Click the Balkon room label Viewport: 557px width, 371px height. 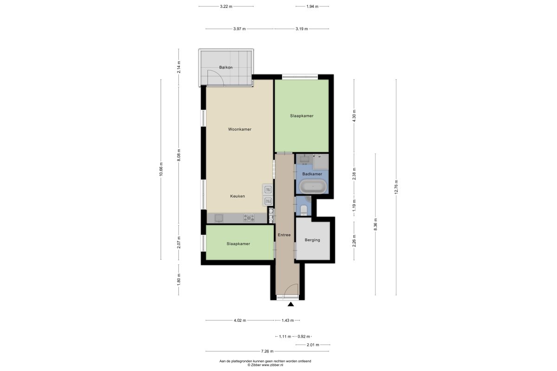(x=226, y=67)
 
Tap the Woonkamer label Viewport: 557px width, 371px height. (x=240, y=129)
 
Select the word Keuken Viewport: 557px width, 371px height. (x=238, y=196)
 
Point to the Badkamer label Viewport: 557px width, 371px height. (x=312, y=174)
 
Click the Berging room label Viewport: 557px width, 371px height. (x=312, y=240)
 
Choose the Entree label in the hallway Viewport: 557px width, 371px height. (x=284, y=235)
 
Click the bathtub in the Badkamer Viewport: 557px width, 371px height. (x=313, y=186)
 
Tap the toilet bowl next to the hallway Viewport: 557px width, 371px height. (x=304, y=210)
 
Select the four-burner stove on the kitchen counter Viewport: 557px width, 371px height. (x=249, y=218)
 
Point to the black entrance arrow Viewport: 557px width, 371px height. (x=291, y=304)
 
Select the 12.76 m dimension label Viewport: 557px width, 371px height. (x=396, y=187)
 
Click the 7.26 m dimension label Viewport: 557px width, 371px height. (x=267, y=351)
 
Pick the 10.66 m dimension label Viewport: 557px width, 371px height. (x=161, y=169)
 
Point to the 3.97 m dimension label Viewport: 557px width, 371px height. (x=240, y=29)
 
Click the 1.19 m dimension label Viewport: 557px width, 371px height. (x=354, y=205)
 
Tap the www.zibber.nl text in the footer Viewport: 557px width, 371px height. (x=272, y=365)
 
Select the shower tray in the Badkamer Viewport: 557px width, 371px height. (x=321, y=162)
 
